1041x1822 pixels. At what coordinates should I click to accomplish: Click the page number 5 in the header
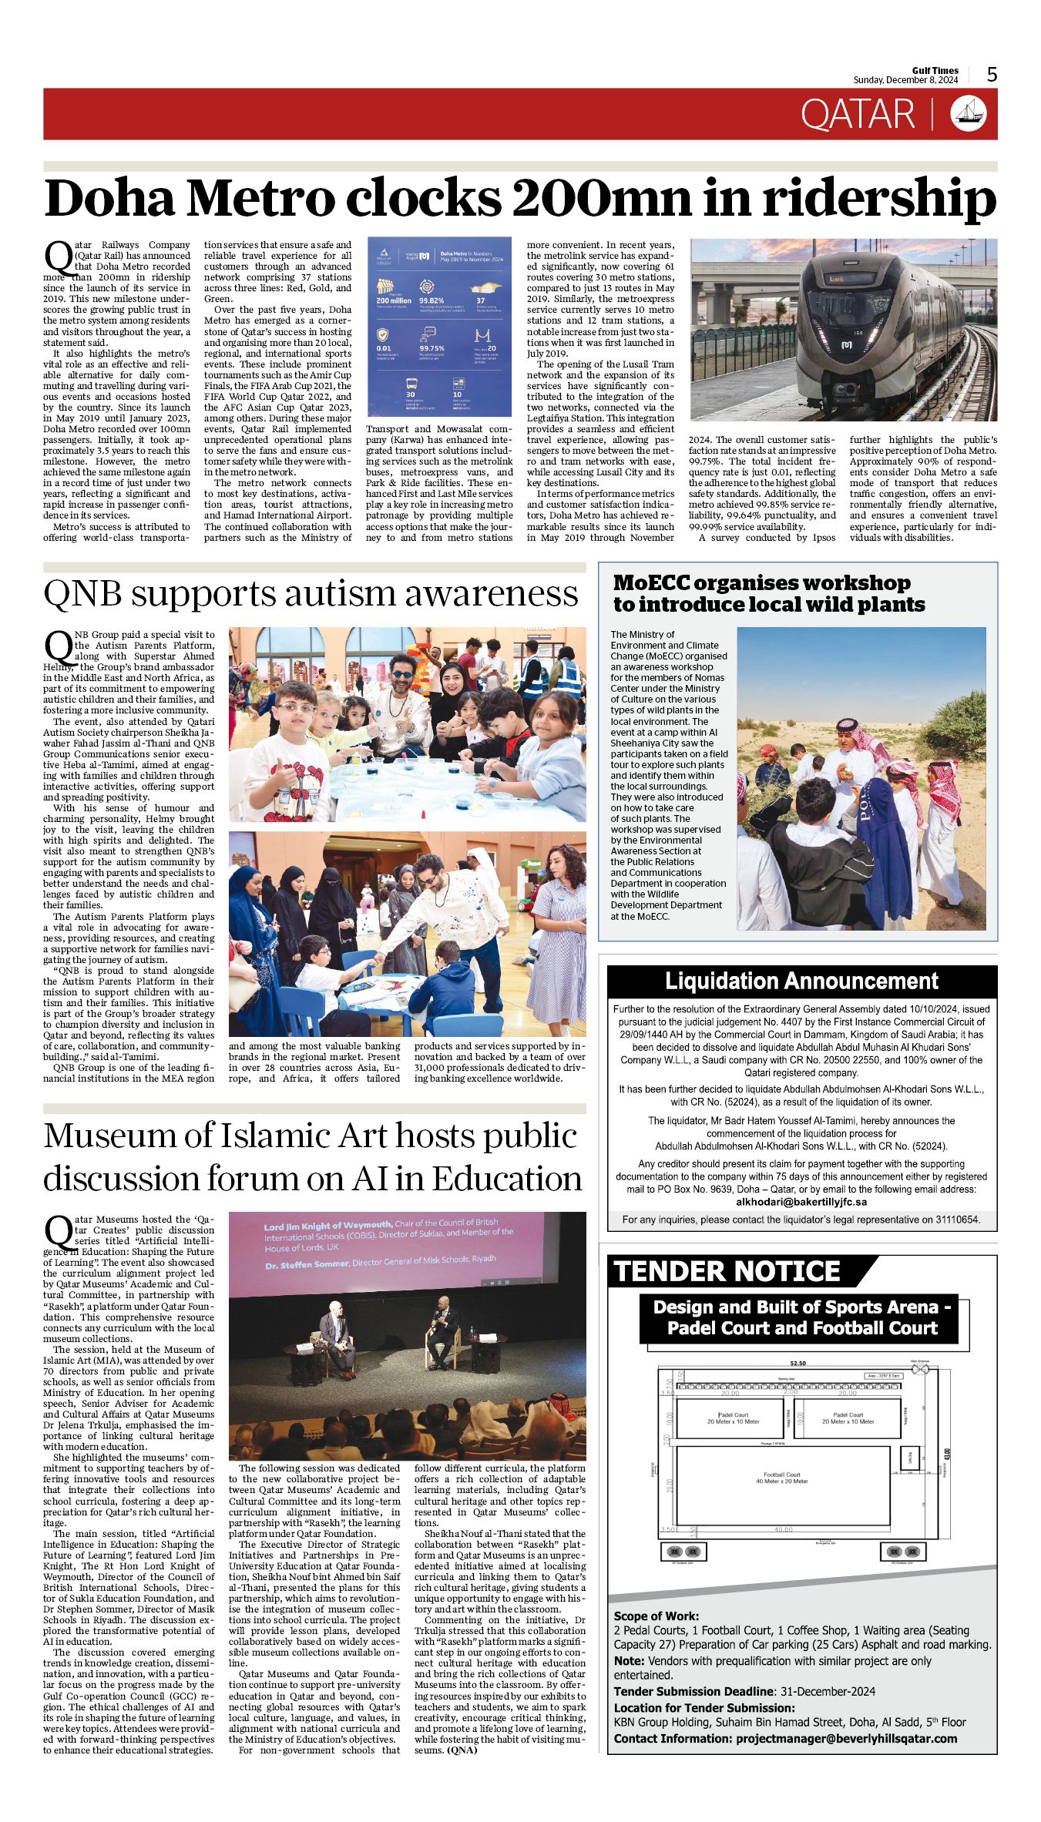992,74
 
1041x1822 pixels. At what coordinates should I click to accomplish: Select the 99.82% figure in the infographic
432,300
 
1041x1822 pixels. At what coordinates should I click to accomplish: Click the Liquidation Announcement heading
801,981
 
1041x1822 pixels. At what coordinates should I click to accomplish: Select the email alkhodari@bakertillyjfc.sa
801,1202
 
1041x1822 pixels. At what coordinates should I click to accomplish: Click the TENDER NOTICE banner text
726,1271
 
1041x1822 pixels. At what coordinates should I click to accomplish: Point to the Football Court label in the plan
781,1475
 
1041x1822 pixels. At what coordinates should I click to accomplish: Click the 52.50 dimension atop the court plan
797,1363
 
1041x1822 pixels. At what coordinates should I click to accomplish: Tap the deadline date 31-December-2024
828,1691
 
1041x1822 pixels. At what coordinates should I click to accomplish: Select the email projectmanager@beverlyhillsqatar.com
846,1738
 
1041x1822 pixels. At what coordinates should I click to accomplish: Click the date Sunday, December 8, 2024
905,80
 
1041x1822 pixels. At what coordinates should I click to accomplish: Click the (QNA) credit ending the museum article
462,1750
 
